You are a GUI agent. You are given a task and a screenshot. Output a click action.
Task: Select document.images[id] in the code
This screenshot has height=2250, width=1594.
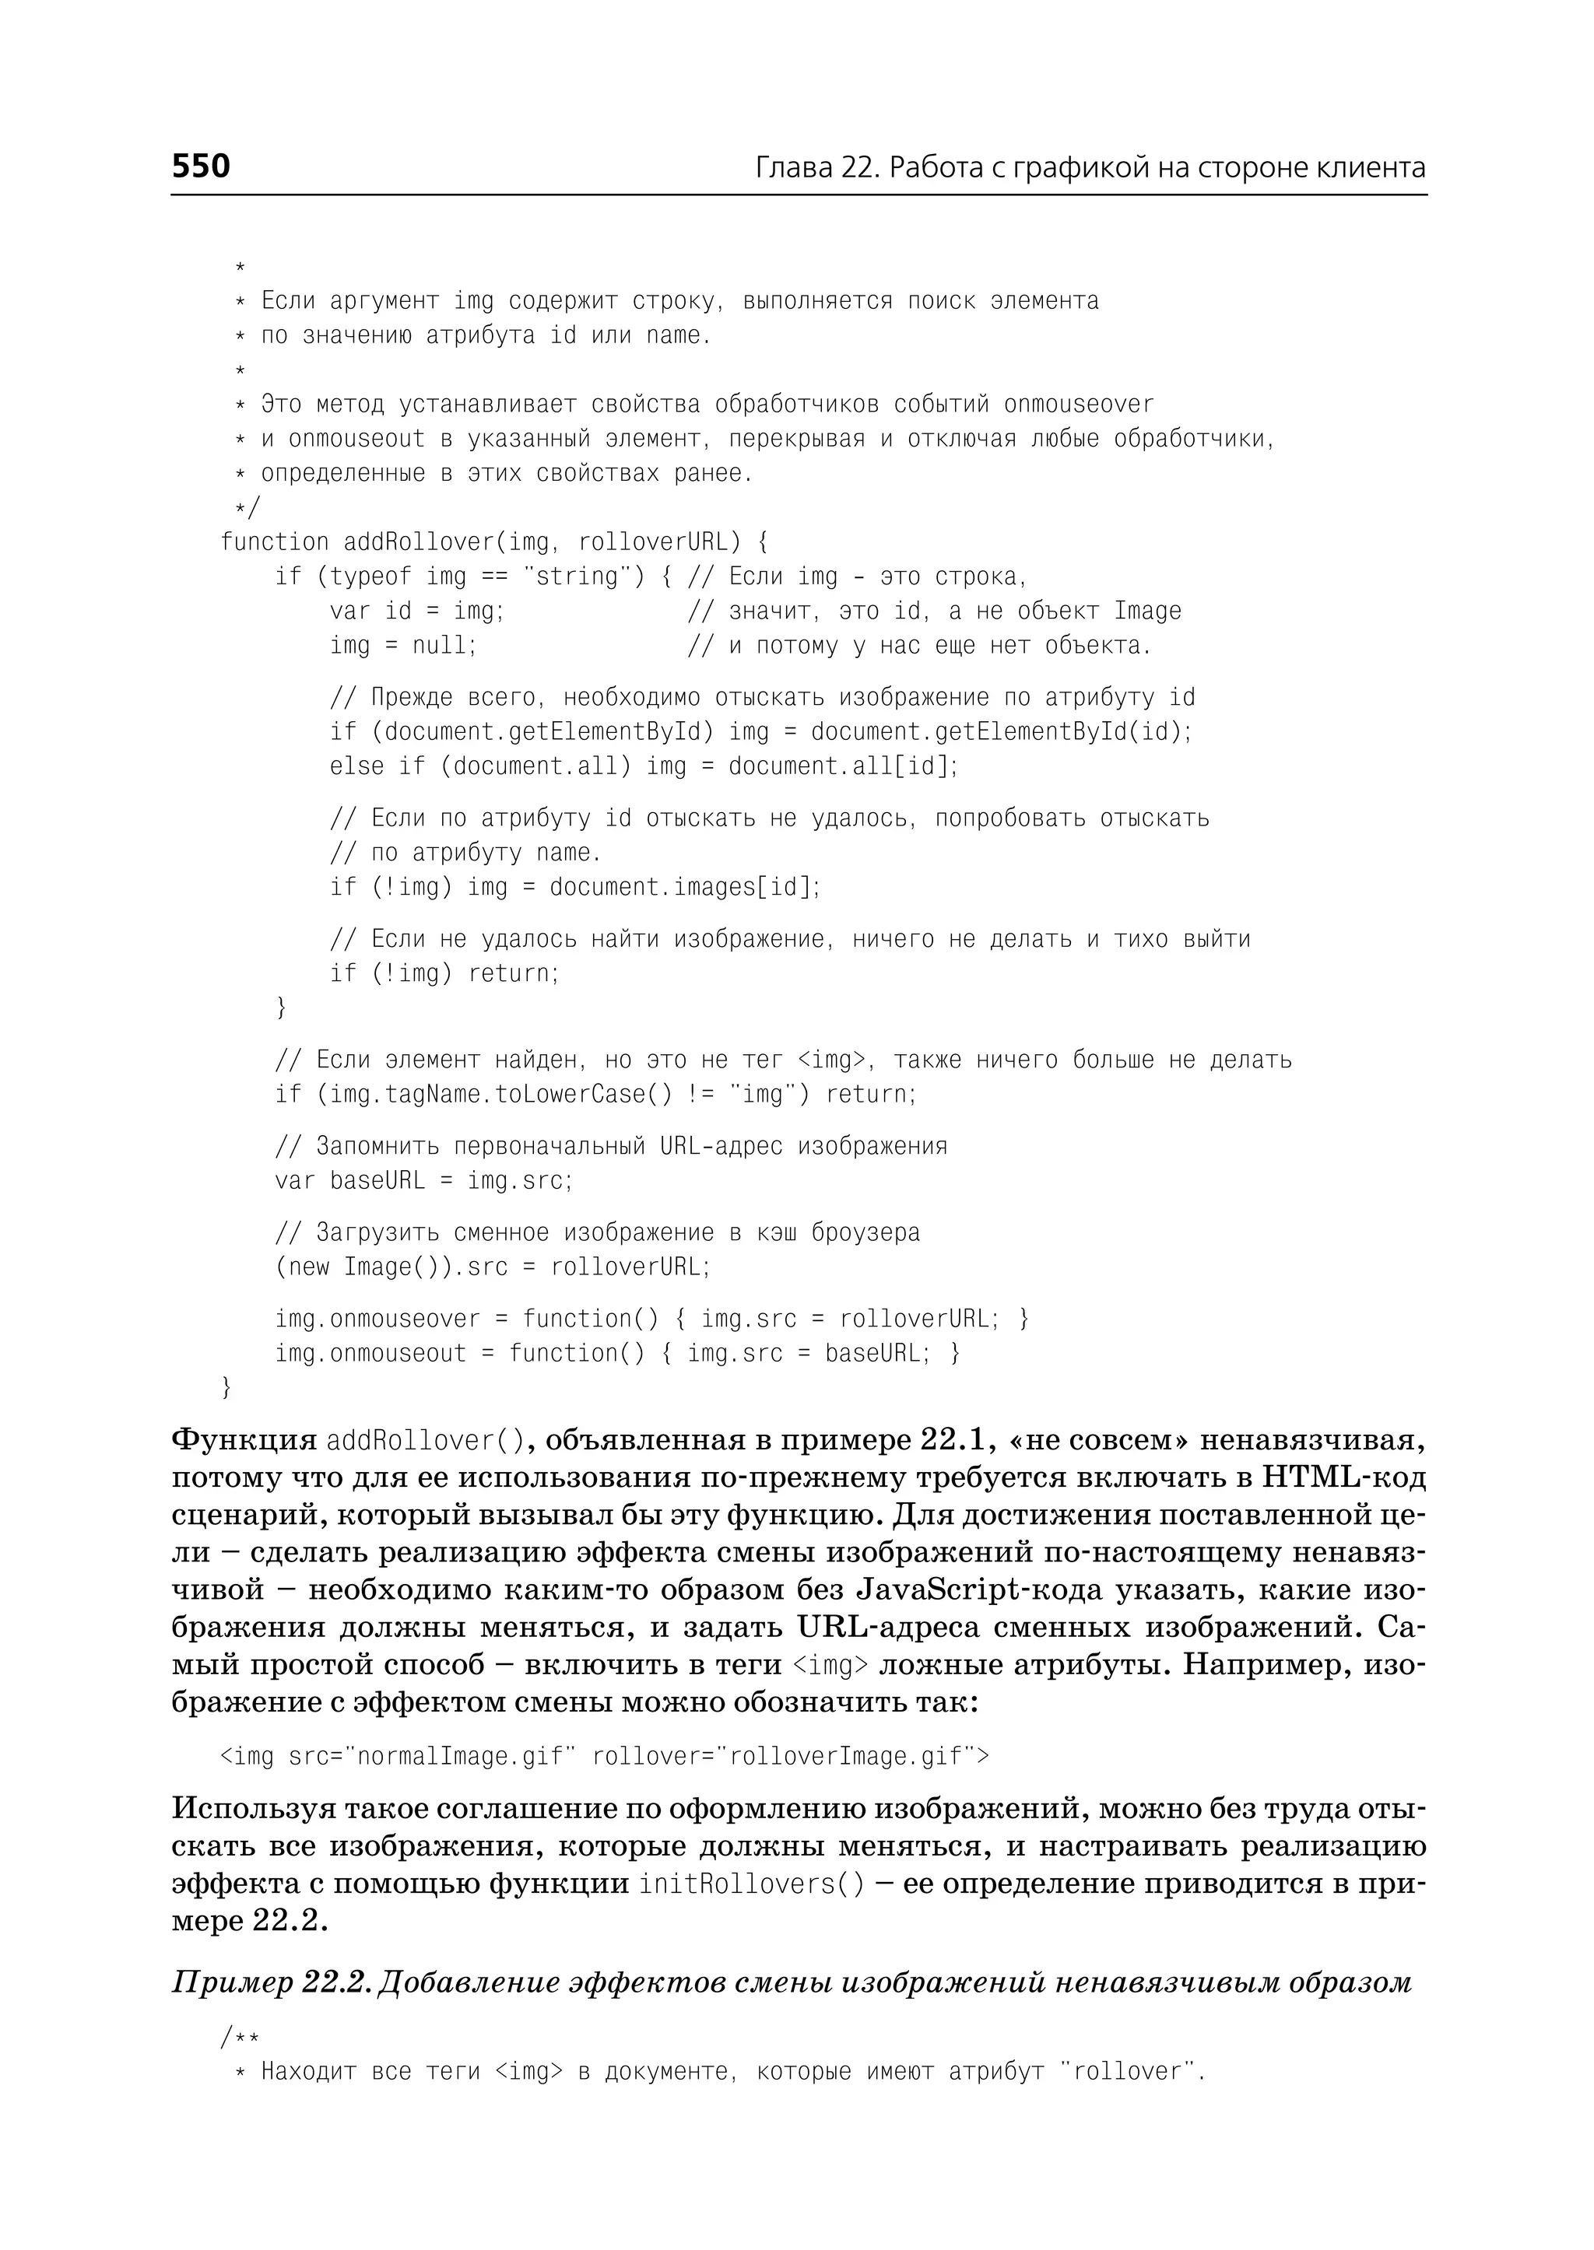[x=684, y=887]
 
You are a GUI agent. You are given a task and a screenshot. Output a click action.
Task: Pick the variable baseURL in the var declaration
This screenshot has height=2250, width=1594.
[x=377, y=1180]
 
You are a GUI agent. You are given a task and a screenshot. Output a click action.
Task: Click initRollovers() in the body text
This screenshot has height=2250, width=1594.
[x=752, y=1884]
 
